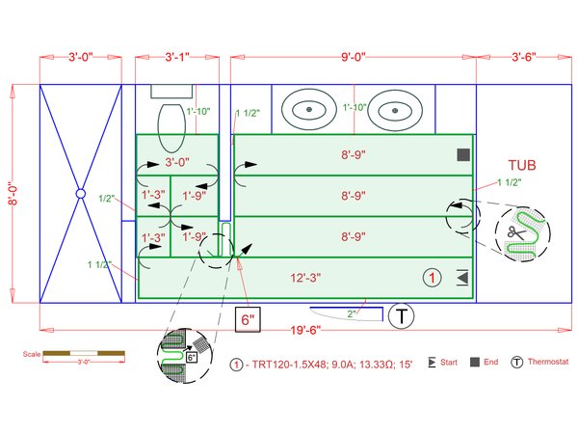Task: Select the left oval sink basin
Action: pyautogui.click(x=309, y=109)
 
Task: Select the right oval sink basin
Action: pyautogui.click(x=391, y=109)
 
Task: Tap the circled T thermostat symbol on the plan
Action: pyautogui.click(x=402, y=315)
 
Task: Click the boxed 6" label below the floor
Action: pyautogui.click(x=249, y=319)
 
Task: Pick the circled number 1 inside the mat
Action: pyautogui.click(x=433, y=278)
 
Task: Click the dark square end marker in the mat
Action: pyautogui.click(x=463, y=154)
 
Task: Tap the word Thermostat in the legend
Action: pyautogui.click(x=550, y=364)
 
